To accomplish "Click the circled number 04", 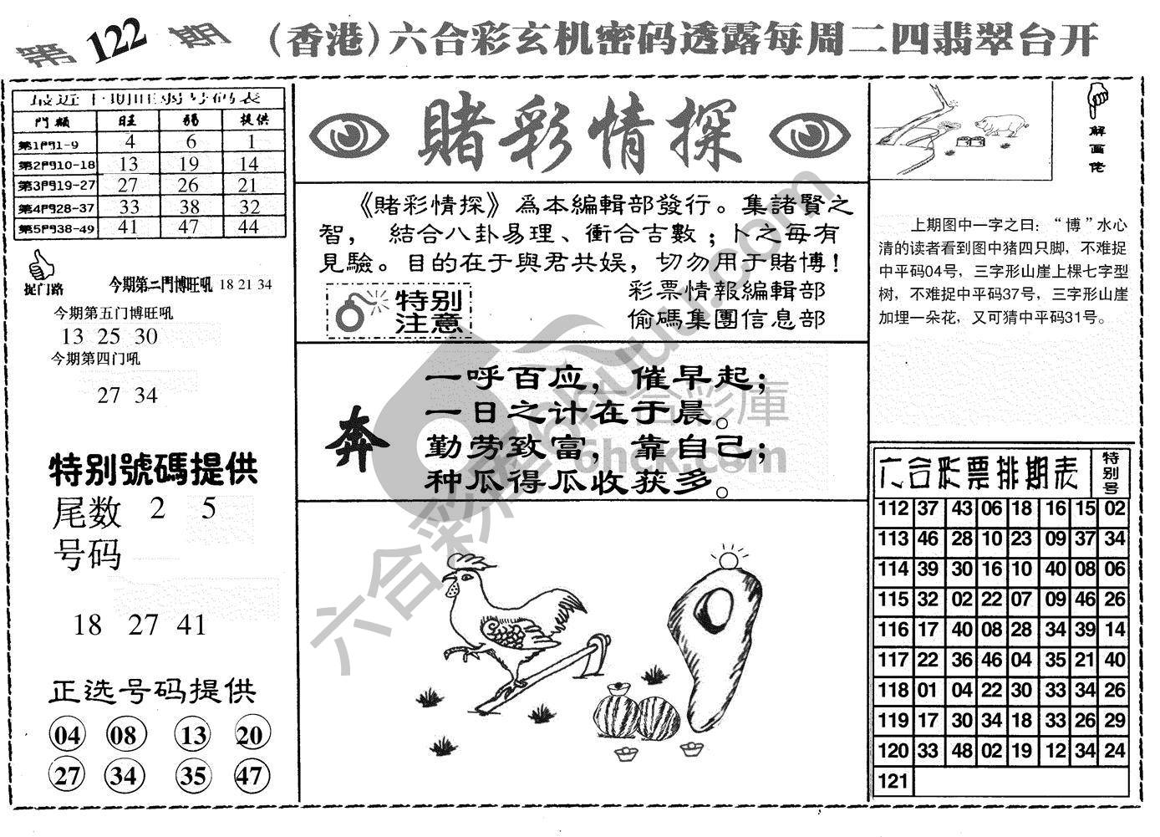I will pyautogui.click(x=68, y=736).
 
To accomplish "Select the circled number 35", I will pyautogui.click(x=193, y=775).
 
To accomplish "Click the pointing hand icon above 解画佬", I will pyautogui.click(x=1098, y=99).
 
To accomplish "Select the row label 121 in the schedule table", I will pyautogui.click(x=893, y=781).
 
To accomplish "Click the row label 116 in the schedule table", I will pyautogui.click(x=893, y=630).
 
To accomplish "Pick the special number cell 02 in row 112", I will pyautogui.click(x=1114, y=508).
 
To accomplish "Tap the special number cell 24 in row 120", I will pyautogui.click(x=1114, y=750).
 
